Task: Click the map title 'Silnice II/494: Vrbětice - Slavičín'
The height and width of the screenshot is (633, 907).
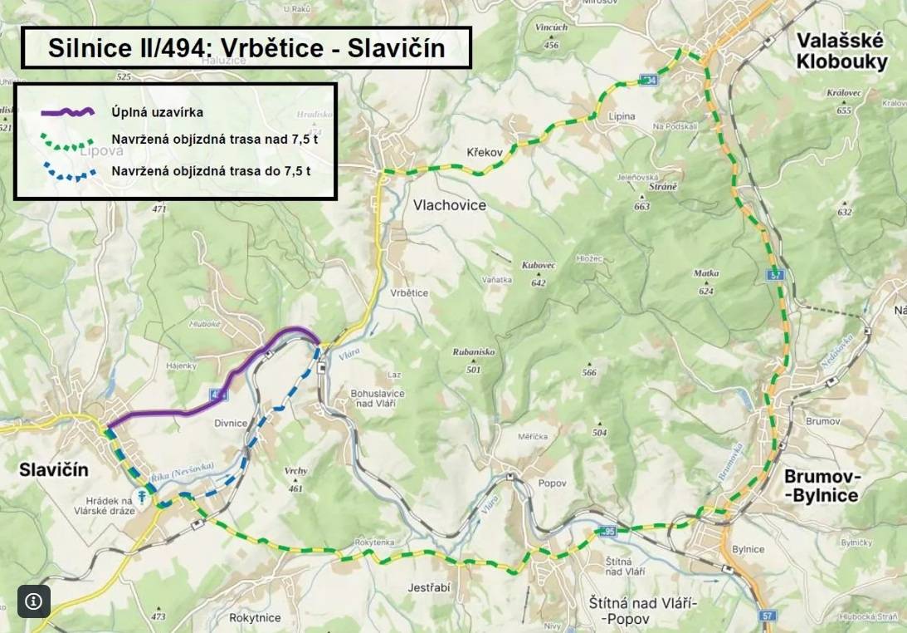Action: (x=246, y=48)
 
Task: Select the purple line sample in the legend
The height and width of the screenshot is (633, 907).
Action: (x=69, y=112)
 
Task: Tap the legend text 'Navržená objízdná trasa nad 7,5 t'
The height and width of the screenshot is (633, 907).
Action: (x=214, y=140)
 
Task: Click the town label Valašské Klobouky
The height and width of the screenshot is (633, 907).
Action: (x=841, y=52)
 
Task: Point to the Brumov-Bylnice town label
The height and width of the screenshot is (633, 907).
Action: (x=821, y=486)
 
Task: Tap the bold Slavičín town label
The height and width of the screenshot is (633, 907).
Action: (x=53, y=470)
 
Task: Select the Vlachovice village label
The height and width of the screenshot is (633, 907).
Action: (x=449, y=204)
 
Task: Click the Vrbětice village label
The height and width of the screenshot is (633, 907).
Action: (x=408, y=293)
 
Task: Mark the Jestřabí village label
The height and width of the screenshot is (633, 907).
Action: (x=429, y=587)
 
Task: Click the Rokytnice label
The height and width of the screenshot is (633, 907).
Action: (x=255, y=617)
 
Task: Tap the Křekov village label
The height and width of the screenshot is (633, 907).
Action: (x=485, y=154)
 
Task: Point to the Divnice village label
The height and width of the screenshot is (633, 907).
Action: (x=231, y=423)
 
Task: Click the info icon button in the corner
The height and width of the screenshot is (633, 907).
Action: (x=34, y=601)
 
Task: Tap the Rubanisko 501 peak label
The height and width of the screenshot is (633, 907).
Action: (x=473, y=357)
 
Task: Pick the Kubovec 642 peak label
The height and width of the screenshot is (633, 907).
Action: (x=538, y=271)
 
